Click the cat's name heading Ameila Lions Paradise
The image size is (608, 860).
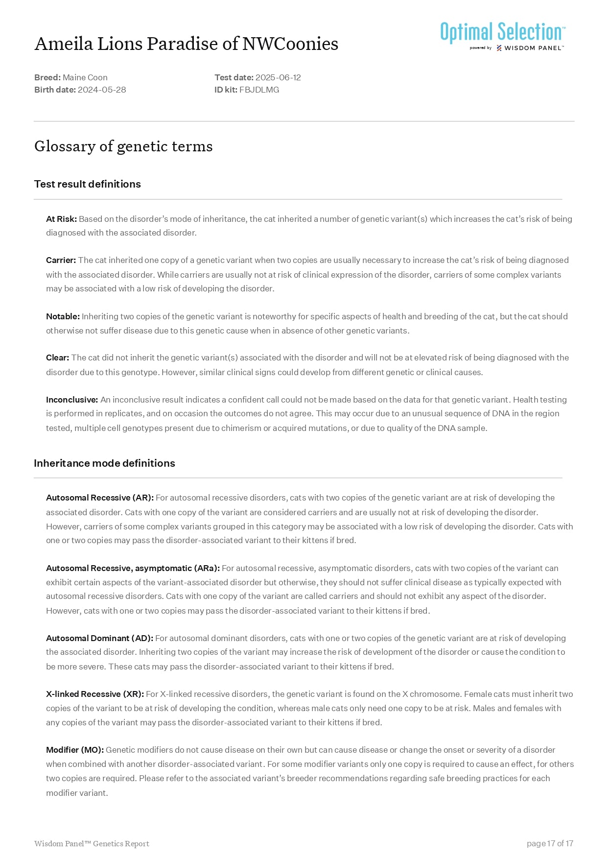186,44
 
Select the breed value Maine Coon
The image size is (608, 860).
85,77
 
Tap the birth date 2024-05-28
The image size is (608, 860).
102,90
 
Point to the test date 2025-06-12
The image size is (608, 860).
278,77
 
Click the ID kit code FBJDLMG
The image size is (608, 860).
259,90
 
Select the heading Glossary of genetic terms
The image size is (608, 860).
123,146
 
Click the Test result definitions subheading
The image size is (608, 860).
87,184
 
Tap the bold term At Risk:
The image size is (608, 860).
61,219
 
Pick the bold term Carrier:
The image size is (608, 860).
61,260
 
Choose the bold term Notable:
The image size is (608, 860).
63,316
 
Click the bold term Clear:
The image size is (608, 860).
57,358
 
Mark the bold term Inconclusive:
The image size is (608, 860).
72,400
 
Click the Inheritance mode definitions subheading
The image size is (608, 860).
104,463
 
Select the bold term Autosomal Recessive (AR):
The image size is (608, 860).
100,498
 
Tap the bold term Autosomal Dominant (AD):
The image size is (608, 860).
99,638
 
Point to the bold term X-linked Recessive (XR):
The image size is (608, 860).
95,694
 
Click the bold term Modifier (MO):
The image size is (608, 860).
75,750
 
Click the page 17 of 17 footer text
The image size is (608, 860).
550,843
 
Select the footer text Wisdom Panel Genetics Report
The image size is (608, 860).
92,843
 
